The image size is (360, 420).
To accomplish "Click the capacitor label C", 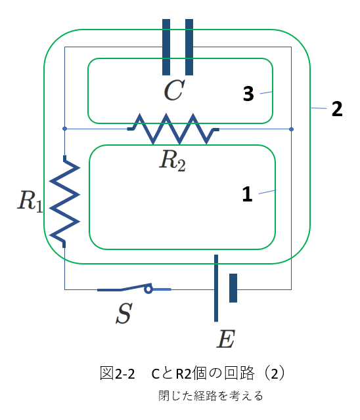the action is point(174,91).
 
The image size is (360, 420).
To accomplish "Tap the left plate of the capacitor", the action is point(166,47).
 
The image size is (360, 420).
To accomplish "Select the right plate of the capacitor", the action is point(189,47).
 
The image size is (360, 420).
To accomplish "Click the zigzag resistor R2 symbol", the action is point(173,129).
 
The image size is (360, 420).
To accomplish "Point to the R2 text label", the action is point(172,161).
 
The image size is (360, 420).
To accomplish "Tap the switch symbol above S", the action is point(134,288).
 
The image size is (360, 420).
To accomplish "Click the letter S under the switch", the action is point(124,313).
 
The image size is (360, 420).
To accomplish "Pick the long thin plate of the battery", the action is point(216,288).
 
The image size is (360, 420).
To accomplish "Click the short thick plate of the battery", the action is point(233,288).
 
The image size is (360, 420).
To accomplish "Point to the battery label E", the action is point(226,339).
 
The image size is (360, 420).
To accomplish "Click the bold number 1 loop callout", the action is point(247,194).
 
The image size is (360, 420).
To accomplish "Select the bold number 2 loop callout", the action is point(337,109).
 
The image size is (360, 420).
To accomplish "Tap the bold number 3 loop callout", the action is point(248,94).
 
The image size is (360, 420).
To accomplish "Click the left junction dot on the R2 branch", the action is point(64,129).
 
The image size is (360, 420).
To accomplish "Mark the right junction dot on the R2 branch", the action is point(292,129).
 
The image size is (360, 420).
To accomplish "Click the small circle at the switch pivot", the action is point(148,289).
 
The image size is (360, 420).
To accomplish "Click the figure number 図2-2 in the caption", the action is point(117,373).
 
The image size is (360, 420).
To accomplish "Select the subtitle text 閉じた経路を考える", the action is point(211,396).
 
